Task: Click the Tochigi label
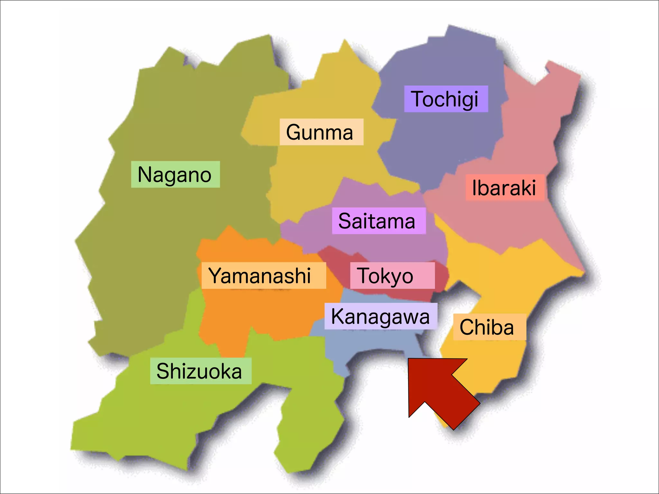click(446, 99)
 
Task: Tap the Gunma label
click(321, 132)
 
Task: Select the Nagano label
click(175, 174)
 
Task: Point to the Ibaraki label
click(505, 188)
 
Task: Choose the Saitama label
click(379, 221)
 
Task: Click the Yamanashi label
click(263, 275)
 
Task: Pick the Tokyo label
click(392, 275)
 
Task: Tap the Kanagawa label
click(381, 316)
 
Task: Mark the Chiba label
click(489, 327)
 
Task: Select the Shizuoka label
click(200, 371)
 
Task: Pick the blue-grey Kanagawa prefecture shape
click(370, 344)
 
